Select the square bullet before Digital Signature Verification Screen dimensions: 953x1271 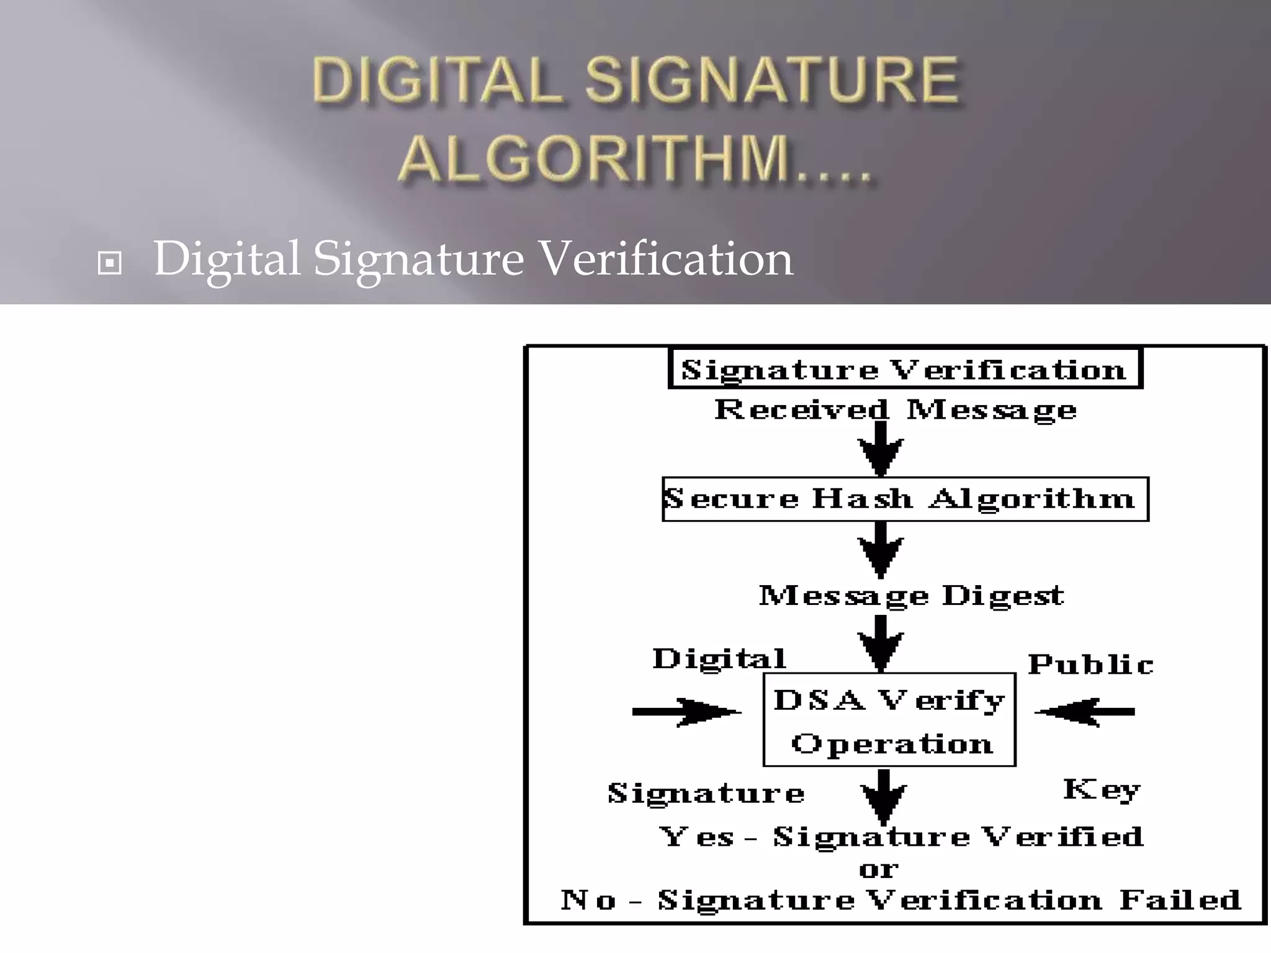tap(110, 263)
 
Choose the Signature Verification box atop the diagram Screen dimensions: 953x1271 tap(905, 370)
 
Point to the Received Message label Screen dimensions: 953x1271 tap(896, 410)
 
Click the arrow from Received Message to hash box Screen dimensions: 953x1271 tap(881, 448)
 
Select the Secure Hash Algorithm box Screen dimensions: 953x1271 tap(905, 499)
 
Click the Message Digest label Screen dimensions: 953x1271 tap(912, 596)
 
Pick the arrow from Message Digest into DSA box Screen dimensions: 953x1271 tap(881, 643)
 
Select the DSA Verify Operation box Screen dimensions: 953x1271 tap(889, 720)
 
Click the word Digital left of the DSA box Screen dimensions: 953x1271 tap(719, 659)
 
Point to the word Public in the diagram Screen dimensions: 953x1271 tap(1090, 664)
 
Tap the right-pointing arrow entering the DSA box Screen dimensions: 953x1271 tap(686, 712)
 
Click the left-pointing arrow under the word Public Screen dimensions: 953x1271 tap(1085, 712)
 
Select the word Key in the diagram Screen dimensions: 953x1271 tap(1102, 790)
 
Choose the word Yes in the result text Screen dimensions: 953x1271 tap(697, 837)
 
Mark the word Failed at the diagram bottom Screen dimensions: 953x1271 tap(1180, 900)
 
